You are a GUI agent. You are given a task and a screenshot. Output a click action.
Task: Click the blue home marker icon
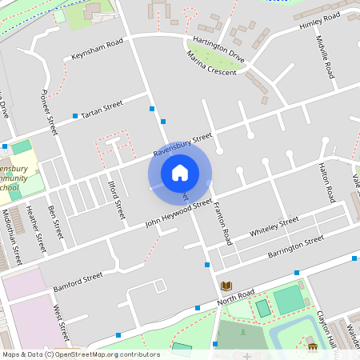(x=180, y=173)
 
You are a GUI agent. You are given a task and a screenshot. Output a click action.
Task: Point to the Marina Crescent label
(x=211, y=63)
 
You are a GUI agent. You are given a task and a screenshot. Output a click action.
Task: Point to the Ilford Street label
(x=118, y=200)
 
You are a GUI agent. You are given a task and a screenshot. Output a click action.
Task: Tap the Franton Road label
(x=222, y=223)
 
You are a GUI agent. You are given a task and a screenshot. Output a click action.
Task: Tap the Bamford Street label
(x=78, y=278)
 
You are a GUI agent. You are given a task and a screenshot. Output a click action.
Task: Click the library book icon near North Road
(x=226, y=286)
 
